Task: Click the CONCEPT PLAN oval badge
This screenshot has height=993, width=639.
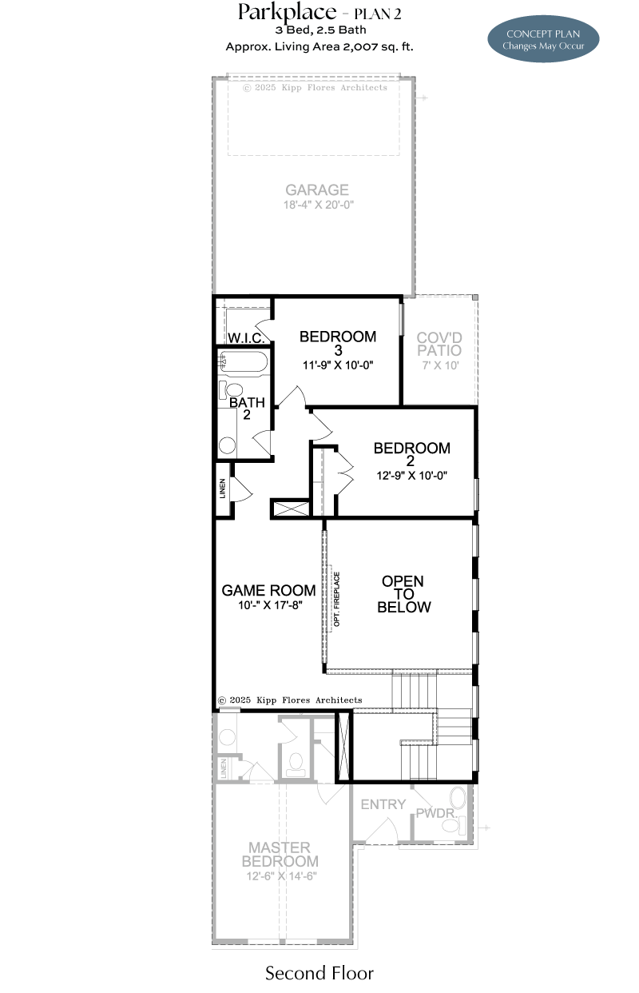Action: pos(543,39)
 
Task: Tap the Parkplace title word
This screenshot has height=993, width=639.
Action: pos(288,12)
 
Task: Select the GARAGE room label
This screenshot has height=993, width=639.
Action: pos(317,189)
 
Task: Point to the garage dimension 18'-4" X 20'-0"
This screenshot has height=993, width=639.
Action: pos(319,205)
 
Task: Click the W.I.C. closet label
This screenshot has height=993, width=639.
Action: pos(246,338)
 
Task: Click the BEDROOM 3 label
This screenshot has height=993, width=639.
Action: pos(338,343)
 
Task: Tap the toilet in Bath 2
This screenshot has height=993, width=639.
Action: pos(231,389)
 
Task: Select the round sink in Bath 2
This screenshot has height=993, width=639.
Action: pos(227,445)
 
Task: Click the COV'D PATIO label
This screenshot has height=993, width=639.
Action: pos(439,344)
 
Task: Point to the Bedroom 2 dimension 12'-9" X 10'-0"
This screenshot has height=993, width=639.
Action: pos(412,476)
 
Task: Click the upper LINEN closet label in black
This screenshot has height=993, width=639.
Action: pos(222,488)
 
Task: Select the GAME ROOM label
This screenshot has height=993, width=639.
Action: pos(268,591)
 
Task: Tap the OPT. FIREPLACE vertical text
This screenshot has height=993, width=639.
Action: pos(337,600)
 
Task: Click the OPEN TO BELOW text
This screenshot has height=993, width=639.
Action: pos(403,594)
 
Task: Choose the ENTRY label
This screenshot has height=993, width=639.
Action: pos(383,804)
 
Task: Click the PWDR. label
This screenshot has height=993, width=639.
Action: pos(436,813)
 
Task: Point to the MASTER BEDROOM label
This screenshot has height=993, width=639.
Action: pos(280,854)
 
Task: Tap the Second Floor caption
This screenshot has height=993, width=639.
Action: pos(319,974)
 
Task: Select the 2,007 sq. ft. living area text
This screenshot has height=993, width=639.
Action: pos(378,46)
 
